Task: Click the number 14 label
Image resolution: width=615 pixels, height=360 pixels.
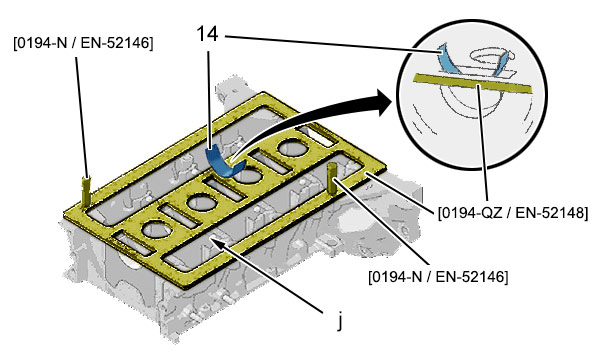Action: (x=207, y=34)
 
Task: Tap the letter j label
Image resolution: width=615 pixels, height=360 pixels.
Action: (x=340, y=320)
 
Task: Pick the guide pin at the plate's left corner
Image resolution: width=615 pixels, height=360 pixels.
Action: (x=86, y=191)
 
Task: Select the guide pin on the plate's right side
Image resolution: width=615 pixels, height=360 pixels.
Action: (x=332, y=179)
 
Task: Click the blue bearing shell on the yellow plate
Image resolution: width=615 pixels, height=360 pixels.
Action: (x=223, y=162)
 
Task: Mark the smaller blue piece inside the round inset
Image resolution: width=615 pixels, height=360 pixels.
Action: (x=499, y=64)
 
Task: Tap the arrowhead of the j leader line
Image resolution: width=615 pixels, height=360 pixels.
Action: (x=215, y=243)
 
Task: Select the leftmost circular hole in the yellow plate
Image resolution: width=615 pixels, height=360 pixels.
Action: (x=157, y=229)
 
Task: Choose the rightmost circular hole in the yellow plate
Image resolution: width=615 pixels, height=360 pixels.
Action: (x=293, y=148)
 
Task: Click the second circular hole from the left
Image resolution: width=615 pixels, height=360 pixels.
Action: (x=202, y=203)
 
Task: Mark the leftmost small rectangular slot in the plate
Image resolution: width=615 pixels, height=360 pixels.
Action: (x=132, y=244)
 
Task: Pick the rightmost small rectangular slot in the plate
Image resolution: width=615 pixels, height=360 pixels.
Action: (x=317, y=135)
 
